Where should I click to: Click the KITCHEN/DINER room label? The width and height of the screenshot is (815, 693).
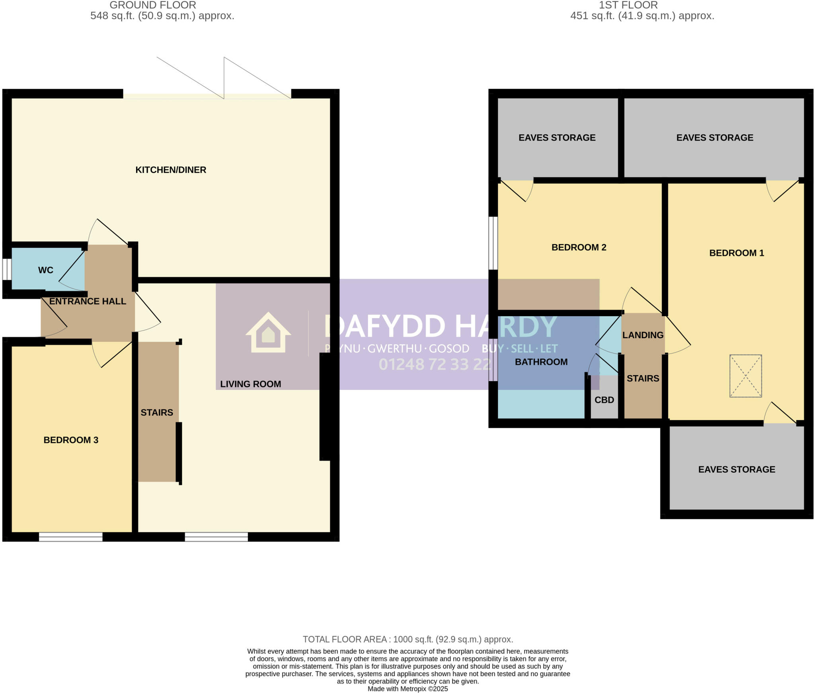point(171,170)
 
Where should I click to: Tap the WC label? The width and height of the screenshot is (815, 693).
point(46,270)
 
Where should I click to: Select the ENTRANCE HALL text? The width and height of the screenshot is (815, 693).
point(88,301)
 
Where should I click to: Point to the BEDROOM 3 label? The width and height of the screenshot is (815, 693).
point(71,440)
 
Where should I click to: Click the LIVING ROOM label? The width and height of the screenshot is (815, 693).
point(251,384)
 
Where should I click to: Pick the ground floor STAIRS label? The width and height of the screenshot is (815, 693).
point(157,413)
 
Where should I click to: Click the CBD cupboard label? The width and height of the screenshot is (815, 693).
point(604,400)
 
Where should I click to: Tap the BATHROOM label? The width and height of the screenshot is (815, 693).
point(541,362)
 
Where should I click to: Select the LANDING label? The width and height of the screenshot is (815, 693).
point(643,335)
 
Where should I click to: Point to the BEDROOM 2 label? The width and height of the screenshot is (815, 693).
point(579,247)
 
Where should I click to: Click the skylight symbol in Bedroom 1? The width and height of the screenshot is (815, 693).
point(745,376)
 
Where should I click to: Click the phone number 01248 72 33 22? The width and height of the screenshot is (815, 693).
point(435,364)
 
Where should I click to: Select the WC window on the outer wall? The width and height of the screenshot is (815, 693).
point(7,270)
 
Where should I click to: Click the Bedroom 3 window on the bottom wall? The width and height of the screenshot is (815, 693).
point(70,537)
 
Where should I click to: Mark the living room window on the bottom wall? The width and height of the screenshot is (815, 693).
point(216,537)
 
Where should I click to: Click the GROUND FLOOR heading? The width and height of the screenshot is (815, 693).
point(153,5)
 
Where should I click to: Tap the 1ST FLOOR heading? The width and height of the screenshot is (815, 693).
point(628,5)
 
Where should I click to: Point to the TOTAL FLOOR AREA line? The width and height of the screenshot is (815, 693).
point(408,640)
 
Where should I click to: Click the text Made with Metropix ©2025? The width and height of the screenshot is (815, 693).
point(407,689)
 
